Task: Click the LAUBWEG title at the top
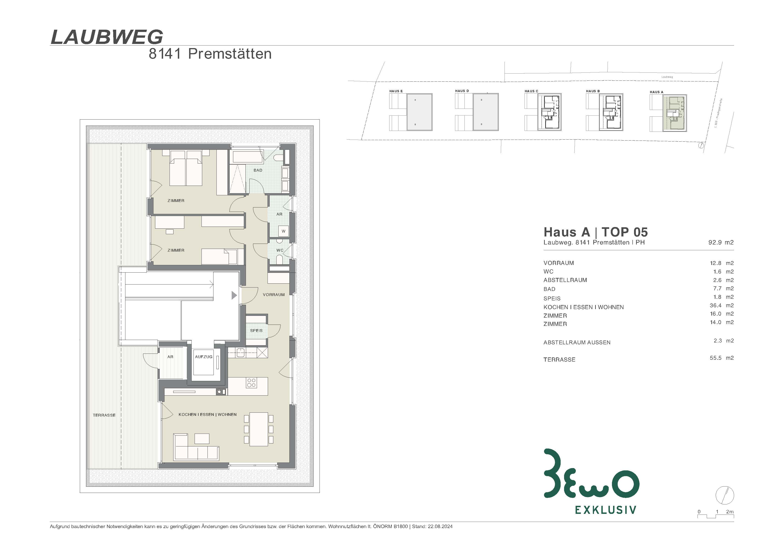[x=107, y=37]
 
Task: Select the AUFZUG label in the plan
[x=204, y=357]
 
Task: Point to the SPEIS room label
[x=256, y=331]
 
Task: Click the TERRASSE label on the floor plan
[x=104, y=415]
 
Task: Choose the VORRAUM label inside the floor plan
[x=274, y=295]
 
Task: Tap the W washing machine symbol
[x=283, y=231]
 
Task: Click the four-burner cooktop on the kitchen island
[x=251, y=383]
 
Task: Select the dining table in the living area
[x=259, y=429]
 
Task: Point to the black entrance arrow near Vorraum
[x=234, y=295]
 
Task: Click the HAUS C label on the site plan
[x=531, y=91]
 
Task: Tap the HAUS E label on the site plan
[x=396, y=91]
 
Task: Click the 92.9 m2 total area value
[x=721, y=242]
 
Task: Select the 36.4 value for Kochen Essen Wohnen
[x=716, y=305]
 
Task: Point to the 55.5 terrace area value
[x=716, y=358]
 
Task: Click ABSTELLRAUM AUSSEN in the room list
[x=577, y=342]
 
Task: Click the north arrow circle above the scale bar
[x=725, y=496]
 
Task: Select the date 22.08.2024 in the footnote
[x=440, y=526]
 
